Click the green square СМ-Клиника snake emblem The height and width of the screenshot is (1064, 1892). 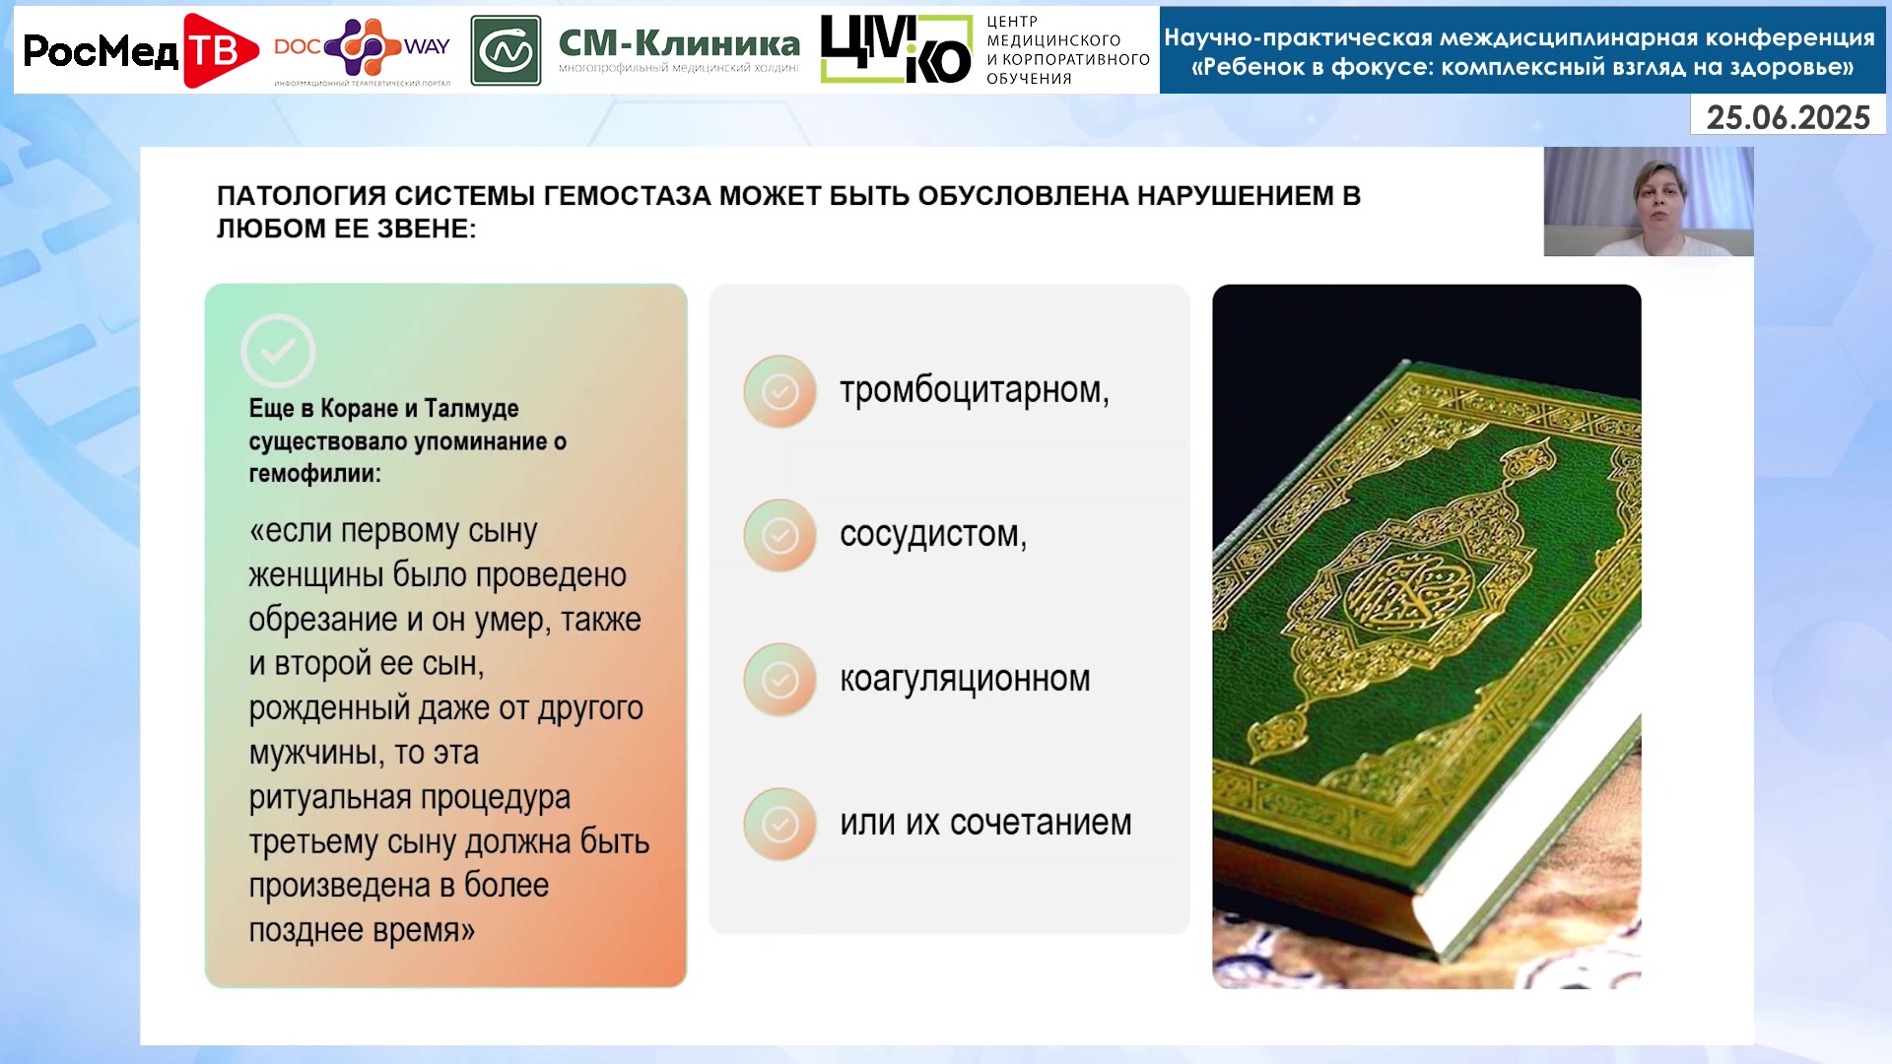click(x=506, y=50)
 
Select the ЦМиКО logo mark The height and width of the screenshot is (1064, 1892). click(x=896, y=49)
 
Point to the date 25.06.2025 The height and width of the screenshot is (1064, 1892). click(x=1788, y=117)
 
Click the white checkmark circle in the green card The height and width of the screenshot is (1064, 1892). click(x=278, y=351)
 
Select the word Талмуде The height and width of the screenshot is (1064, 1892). click(x=471, y=408)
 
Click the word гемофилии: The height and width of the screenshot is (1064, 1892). click(x=314, y=474)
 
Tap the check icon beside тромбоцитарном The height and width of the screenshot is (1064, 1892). click(x=779, y=391)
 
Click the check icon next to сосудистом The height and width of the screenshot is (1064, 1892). click(x=779, y=535)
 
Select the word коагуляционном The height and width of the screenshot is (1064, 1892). click(x=965, y=679)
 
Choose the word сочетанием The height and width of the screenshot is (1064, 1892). click(x=1041, y=823)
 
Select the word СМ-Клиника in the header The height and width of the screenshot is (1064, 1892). click(x=679, y=42)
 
